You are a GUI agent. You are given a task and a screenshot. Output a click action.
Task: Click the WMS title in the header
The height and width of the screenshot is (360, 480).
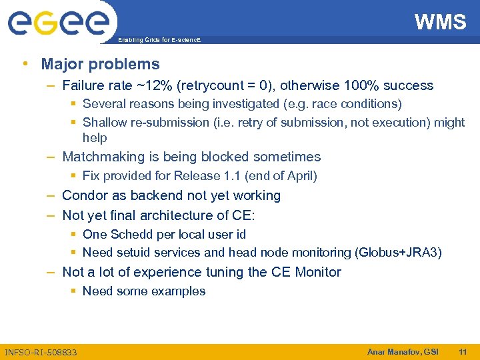pyautogui.click(x=440, y=22)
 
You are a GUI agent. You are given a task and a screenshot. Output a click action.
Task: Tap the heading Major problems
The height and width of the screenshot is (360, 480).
pyautogui.click(x=100, y=64)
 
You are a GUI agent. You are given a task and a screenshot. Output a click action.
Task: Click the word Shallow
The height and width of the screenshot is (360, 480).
pyautogui.click(x=105, y=123)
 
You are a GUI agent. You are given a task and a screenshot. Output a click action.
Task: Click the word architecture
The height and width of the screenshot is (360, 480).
pyautogui.click(x=183, y=215)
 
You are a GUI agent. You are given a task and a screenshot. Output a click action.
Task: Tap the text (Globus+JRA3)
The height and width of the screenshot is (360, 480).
pyautogui.click(x=399, y=253)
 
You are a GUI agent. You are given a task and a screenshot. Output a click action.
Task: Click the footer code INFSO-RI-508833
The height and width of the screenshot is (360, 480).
pyautogui.click(x=41, y=352)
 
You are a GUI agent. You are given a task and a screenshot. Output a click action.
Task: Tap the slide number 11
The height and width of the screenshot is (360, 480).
pyautogui.click(x=463, y=351)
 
